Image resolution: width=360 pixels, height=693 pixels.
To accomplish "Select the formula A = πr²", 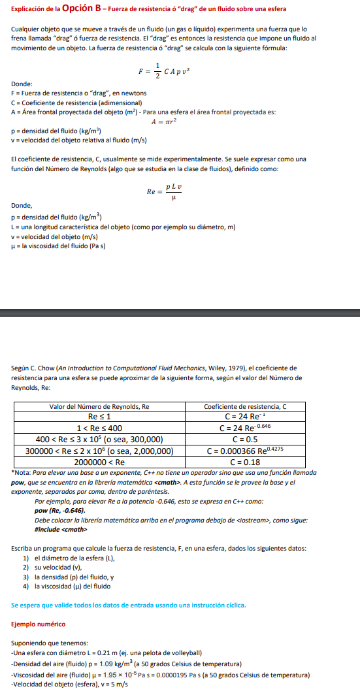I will coord(164,121).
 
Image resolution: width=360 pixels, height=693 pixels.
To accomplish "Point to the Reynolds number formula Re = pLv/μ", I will coord(164,191).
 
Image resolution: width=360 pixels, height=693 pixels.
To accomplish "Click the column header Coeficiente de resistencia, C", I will coord(245,406).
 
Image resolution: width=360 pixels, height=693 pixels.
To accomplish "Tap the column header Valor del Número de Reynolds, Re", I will coord(99,406).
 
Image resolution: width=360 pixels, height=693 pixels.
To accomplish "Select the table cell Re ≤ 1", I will coord(99,416).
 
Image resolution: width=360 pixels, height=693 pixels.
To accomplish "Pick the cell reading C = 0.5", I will coord(245,439).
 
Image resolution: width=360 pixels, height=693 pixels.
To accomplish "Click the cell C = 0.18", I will coord(245,462).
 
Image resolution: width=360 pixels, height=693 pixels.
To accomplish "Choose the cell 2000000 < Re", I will coord(99,462).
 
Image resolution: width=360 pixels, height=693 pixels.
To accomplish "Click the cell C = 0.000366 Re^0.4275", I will coord(245,451).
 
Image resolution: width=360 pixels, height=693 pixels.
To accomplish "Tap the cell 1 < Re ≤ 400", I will coord(99,428).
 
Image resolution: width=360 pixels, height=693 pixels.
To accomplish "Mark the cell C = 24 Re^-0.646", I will coord(245,428).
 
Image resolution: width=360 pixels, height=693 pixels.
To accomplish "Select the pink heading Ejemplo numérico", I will coord(39,624).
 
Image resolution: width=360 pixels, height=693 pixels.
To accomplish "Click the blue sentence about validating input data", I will coord(129,605).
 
